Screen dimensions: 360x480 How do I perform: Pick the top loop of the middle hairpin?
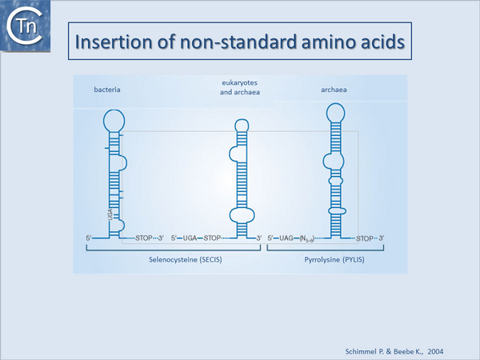click(x=242, y=126)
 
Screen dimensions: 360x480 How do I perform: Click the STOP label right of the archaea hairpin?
click(x=366, y=238)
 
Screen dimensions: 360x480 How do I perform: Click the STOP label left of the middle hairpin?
click(x=212, y=238)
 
